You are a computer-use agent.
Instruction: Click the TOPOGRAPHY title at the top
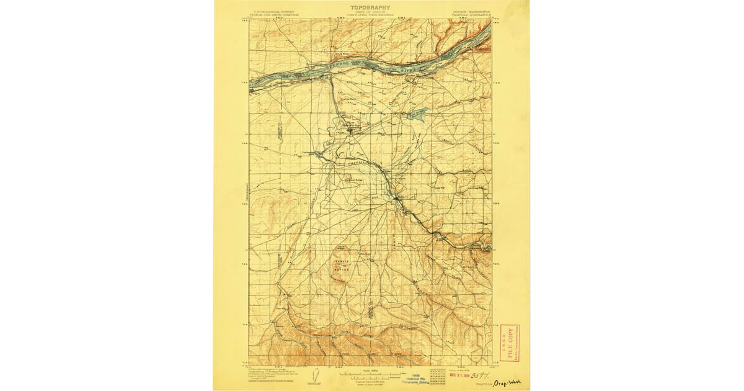pyautogui.click(x=370, y=7)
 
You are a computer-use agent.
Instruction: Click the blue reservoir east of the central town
pyautogui.click(x=417, y=113)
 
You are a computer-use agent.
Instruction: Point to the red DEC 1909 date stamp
pyautogui.click(x=456, y=375)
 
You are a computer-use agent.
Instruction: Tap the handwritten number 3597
pyautogui.click(x=478, y=375)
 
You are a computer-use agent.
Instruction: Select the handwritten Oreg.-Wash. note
pyautogui.click(x=507, y=384)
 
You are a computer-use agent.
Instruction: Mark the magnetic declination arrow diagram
pyautogui.click(x=316, y=377)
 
